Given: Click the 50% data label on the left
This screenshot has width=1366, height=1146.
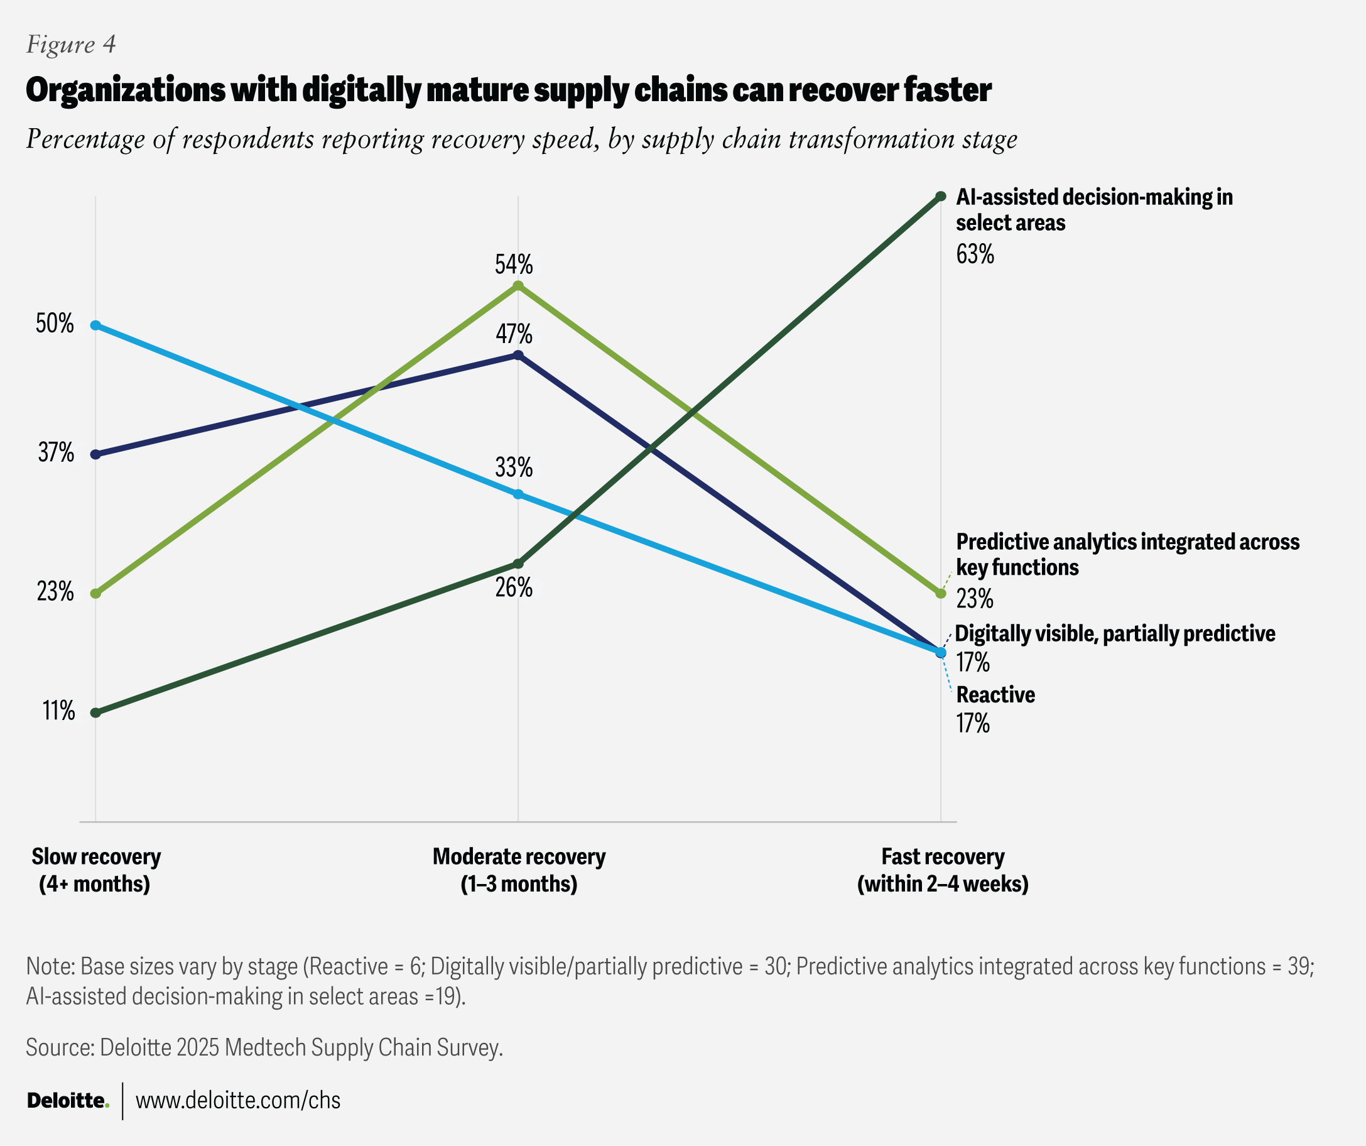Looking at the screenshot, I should coord(55,324).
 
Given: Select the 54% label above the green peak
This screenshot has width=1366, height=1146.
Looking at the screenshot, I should coord(513,265).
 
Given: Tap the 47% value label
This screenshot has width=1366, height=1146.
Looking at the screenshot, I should coord(513,334).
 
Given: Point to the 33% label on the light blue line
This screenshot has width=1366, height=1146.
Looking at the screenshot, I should coord(513,467).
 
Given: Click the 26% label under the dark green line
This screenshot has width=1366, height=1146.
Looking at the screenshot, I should coord(513,587).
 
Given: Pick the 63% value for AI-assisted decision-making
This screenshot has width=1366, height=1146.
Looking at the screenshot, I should coord(975,254).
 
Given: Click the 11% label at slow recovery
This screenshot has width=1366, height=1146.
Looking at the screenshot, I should coord(58,711).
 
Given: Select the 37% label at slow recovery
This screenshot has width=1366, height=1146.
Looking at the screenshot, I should coord(56,452).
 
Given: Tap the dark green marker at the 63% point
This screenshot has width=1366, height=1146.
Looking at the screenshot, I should coord(941,197).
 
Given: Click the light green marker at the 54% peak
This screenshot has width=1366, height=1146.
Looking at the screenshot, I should coord(518,286).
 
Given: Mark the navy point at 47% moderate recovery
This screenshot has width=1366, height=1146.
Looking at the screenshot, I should coord(518,356).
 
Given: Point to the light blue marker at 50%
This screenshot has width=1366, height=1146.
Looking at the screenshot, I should coord(95,325).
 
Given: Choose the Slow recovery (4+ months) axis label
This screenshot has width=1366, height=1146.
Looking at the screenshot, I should coord(95,870).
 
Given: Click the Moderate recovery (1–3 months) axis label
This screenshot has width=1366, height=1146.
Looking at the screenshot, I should coord(518,870).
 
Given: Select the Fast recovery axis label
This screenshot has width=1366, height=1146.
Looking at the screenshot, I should coord(943,870).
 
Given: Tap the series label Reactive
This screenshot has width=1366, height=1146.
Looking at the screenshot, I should coord(995,695).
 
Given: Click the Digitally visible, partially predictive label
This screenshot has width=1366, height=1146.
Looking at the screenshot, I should coord(1114,634).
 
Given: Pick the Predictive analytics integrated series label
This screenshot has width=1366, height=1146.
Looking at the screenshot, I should coord(1127,554).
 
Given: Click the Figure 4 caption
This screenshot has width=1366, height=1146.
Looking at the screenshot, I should coord(71,44).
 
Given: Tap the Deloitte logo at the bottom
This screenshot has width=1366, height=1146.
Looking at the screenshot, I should coord(68,1100).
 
